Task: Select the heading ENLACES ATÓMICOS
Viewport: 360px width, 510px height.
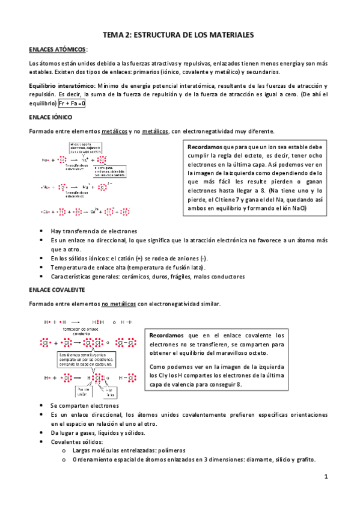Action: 58,49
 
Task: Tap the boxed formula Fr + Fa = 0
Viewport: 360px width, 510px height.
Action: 72,103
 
